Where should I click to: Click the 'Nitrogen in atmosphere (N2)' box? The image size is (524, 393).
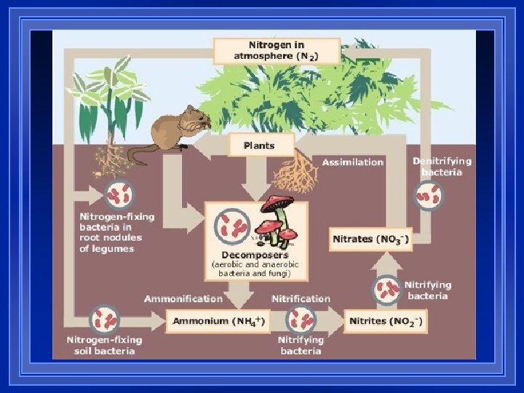[x=277, y=50]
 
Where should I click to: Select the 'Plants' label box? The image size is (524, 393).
[x=259, y=145]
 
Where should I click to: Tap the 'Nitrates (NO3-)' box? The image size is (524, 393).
[x=371, y=239]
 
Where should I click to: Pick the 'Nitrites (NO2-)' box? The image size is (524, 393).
[x=385, y=321]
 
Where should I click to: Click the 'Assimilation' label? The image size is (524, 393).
[x=353, y=162]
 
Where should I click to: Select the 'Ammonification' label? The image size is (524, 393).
[x=183, y=298]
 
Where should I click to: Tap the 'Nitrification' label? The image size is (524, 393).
[x=300, y=298]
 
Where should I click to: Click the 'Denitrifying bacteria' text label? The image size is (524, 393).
[x=442, y=167]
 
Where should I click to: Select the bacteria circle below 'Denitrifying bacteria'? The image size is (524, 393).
[x=429, y=196]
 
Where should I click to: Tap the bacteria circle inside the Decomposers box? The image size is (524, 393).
[x=234, y=226]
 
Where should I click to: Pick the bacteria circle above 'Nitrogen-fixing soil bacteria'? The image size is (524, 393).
[x=106, y=320]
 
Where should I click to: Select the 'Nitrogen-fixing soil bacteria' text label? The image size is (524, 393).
[x=104, y=345]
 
